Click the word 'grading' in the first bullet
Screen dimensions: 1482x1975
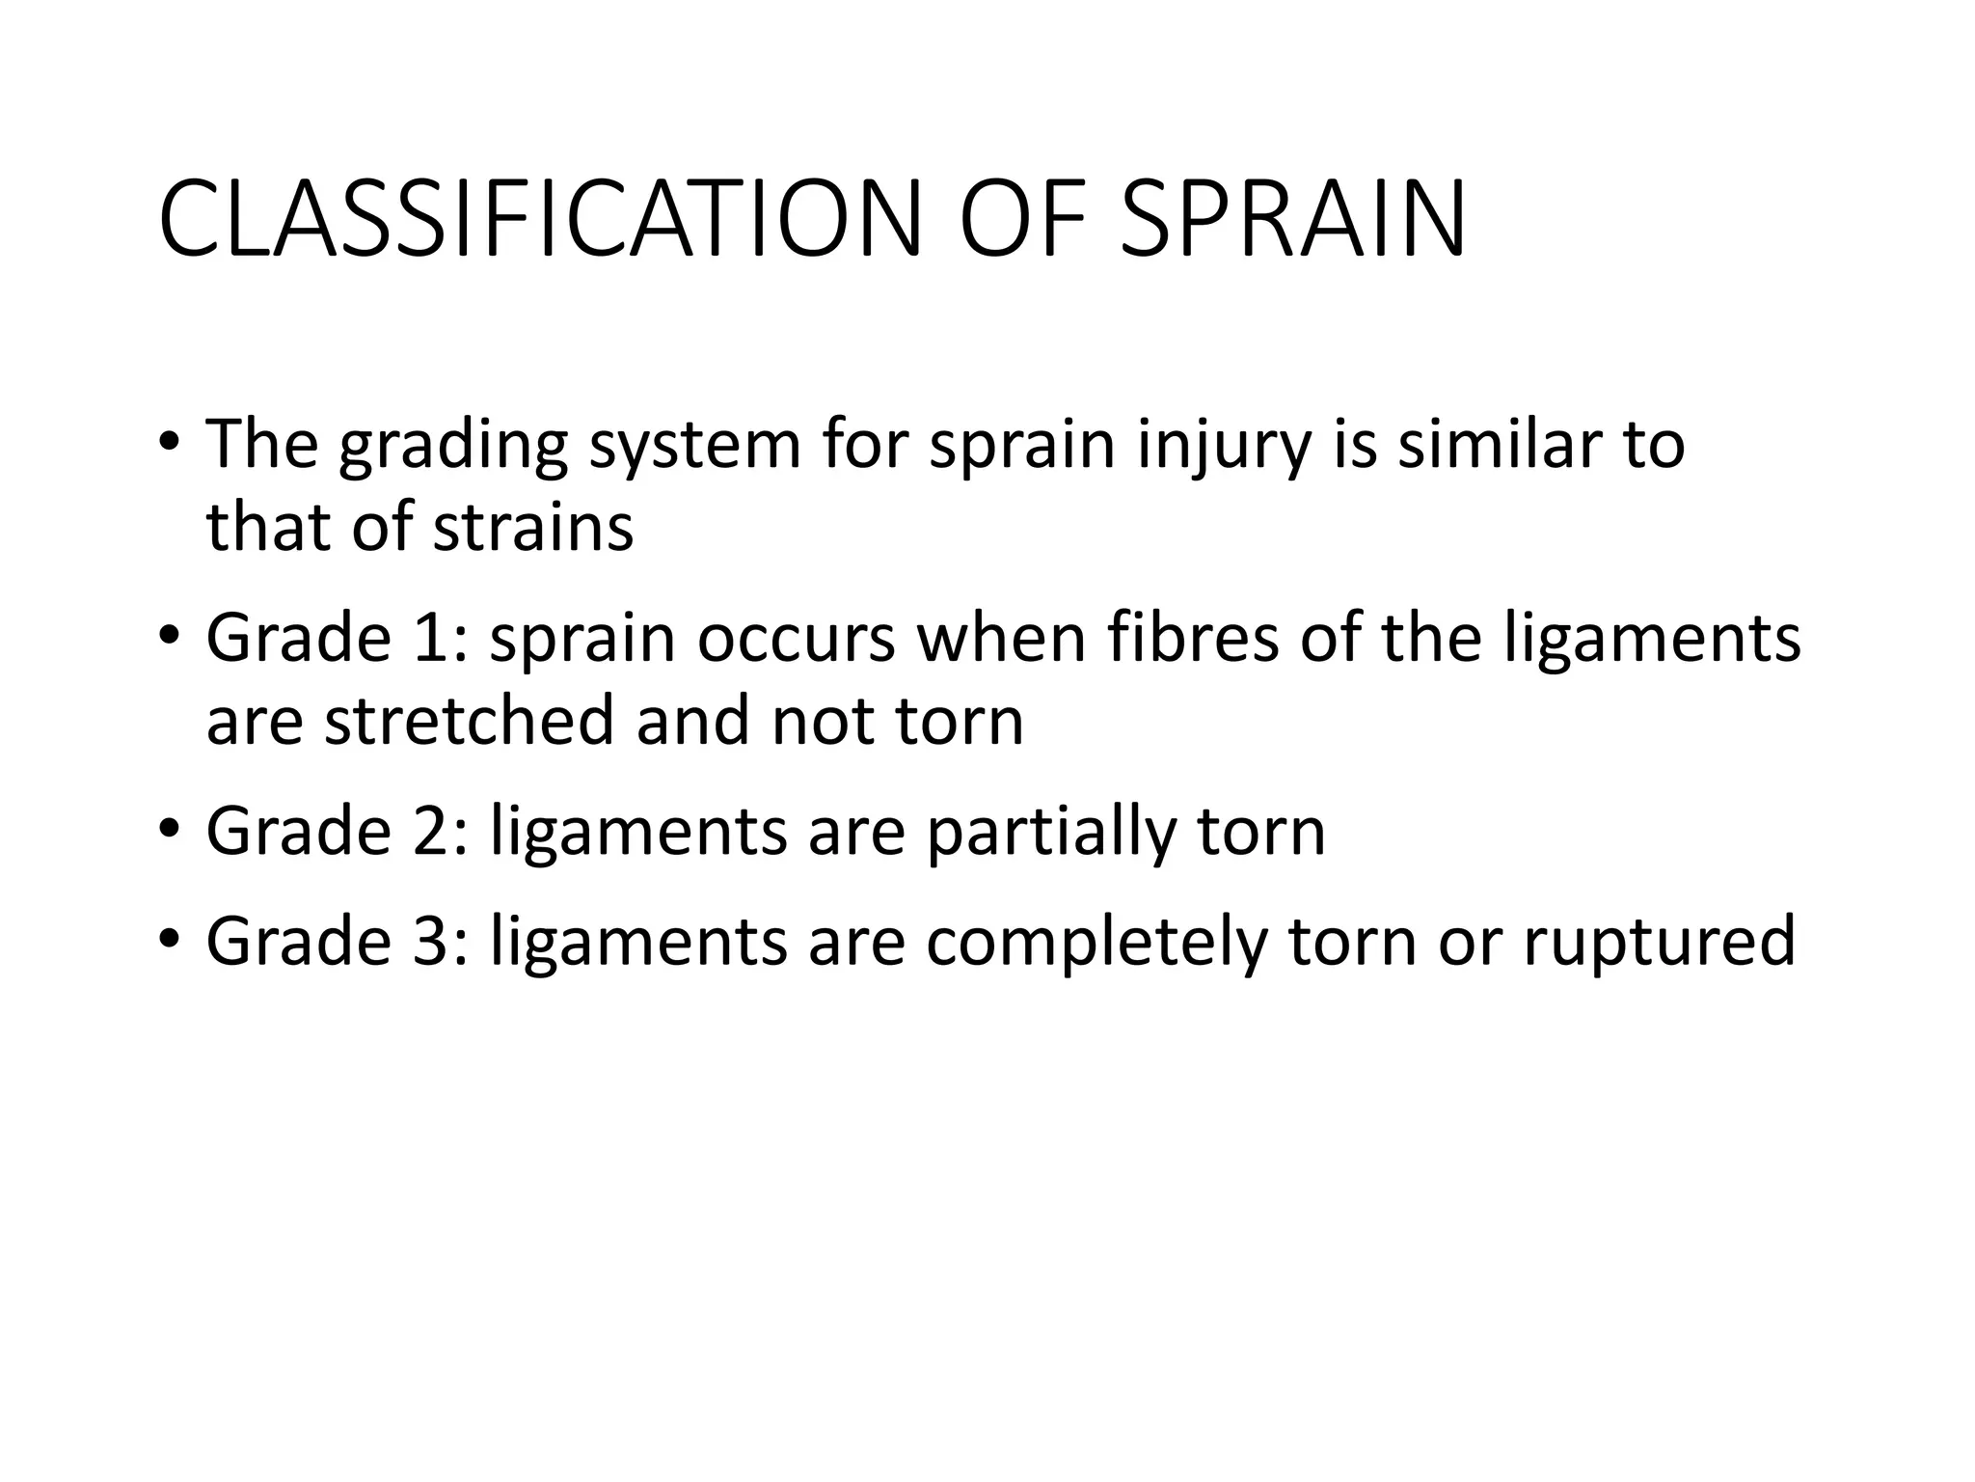tap(452, 447)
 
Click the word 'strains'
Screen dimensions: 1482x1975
tap(532, 529)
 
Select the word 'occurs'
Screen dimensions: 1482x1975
tap(797, 640)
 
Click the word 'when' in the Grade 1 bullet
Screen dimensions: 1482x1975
tap(1003, 638)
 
